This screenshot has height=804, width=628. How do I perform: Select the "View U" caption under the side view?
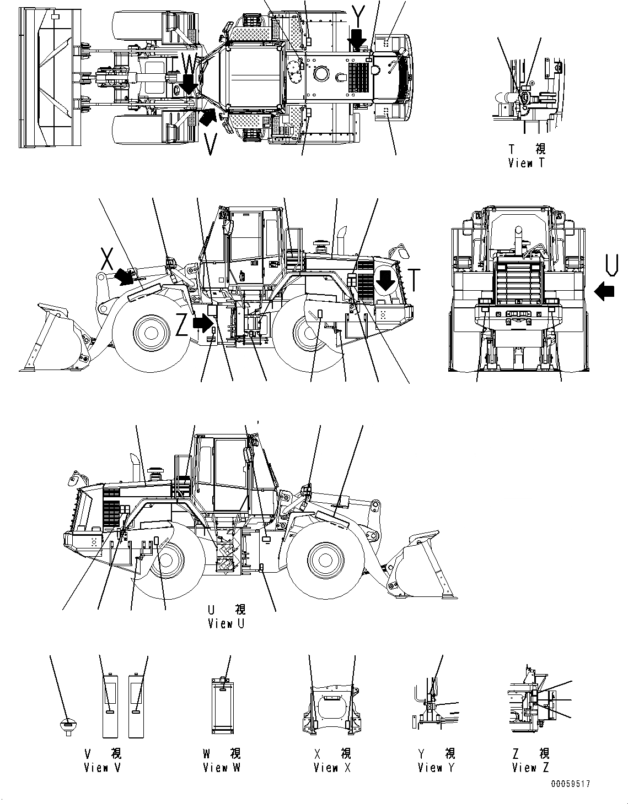pos(226,623)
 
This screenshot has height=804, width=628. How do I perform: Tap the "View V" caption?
pos(102,767)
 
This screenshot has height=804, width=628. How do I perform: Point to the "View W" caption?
pos(221,767)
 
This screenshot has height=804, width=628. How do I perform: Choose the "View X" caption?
pos(333,767)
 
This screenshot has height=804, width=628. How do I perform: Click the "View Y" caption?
pos(436,767)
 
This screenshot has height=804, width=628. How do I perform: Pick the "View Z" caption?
pos(530,767)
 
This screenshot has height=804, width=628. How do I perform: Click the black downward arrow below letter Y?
pos(358,39)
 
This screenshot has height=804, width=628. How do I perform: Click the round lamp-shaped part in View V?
pos(67,726)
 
